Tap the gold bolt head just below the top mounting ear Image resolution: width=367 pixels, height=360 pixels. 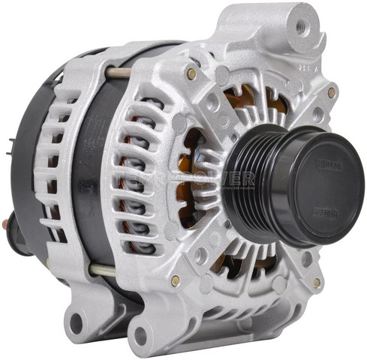click(331, 92)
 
